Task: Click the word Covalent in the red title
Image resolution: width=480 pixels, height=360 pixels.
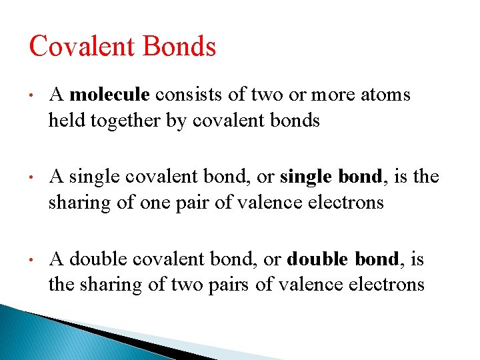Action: point(75,47)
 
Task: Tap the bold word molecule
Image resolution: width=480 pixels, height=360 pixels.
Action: point(110,95)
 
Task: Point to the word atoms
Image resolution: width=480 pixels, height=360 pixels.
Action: point(385,95)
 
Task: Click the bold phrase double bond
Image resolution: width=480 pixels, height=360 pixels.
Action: point(339,259)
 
